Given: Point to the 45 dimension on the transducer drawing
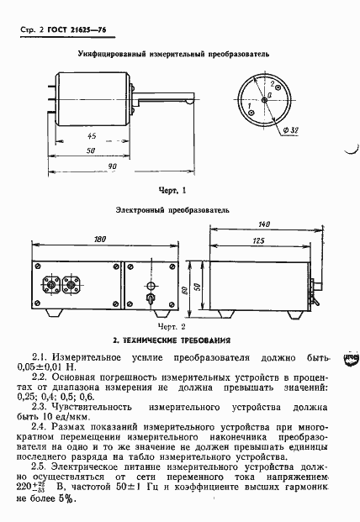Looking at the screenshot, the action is pos(91,136).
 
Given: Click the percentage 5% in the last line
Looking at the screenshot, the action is pos(66,499).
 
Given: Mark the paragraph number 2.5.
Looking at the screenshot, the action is pos(41,466).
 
